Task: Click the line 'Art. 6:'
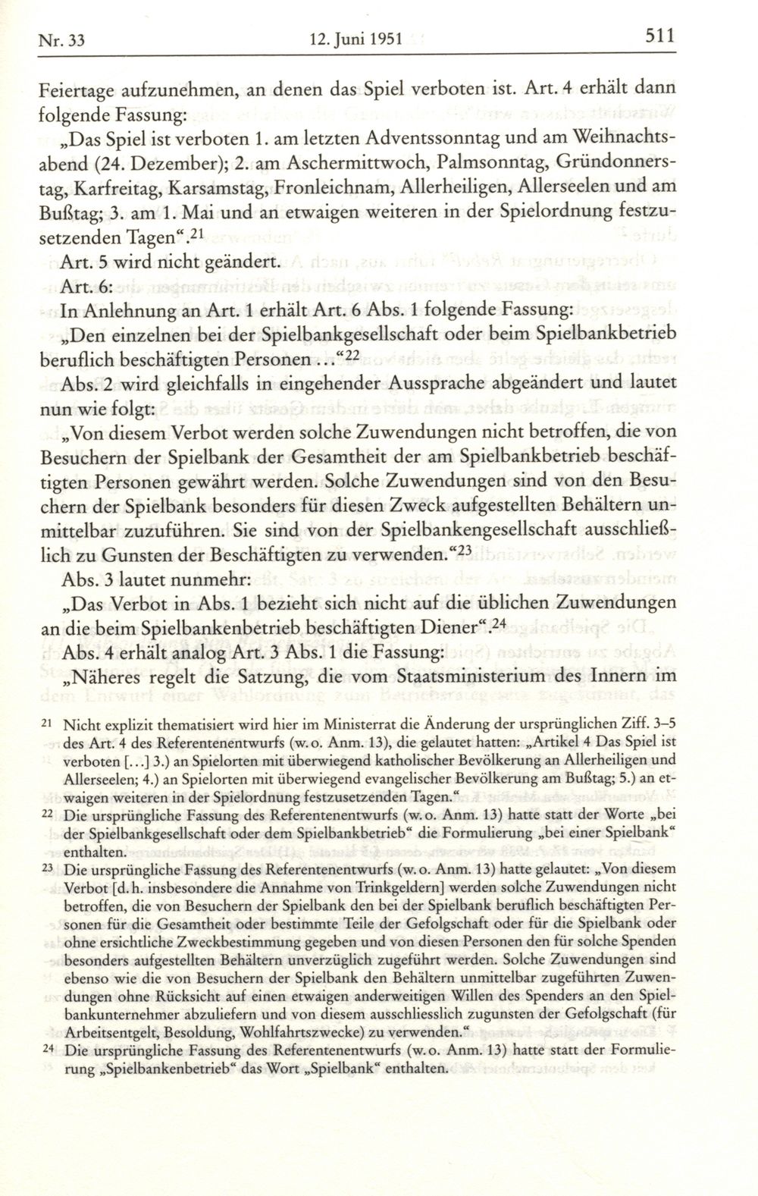pos(66,287)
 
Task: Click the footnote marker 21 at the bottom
pos(46,724)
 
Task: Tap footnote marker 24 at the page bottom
pos(46,1052)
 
